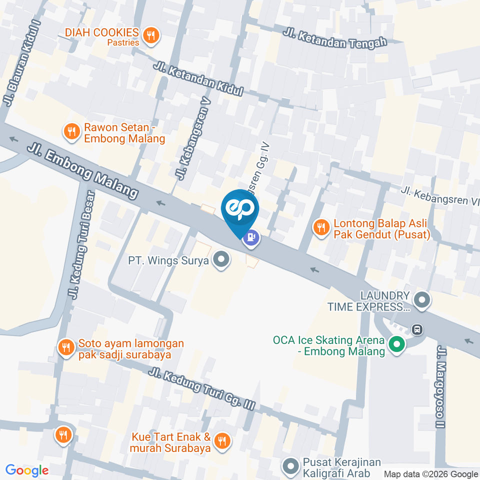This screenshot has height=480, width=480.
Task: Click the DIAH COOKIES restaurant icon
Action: [150, 35]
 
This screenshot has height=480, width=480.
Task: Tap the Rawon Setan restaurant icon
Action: [72, 131]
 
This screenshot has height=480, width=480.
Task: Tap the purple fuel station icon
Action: [252, 236]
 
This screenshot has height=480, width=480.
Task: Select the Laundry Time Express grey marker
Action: [422, 300]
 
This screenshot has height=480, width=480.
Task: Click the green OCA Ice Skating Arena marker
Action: [397, 344]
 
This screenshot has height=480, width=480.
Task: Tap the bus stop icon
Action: [416, 329]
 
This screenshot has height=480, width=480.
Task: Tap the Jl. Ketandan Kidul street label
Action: [198, 79]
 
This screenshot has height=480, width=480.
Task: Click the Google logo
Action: [27, 470]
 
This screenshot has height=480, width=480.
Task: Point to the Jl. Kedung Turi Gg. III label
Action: [202, 389]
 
